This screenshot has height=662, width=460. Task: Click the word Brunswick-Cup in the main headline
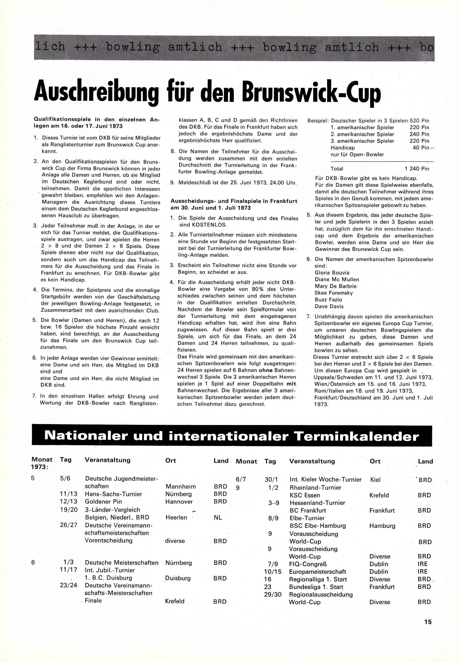tap(311, 93)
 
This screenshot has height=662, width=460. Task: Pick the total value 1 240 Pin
tap(417, 169)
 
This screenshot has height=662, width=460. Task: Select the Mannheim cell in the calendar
tap(180, 486)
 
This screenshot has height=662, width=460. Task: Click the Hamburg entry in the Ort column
tap(382, 526)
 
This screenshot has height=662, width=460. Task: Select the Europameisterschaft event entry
tap(317, 572)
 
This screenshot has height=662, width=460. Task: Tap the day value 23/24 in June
tap(69, 585)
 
